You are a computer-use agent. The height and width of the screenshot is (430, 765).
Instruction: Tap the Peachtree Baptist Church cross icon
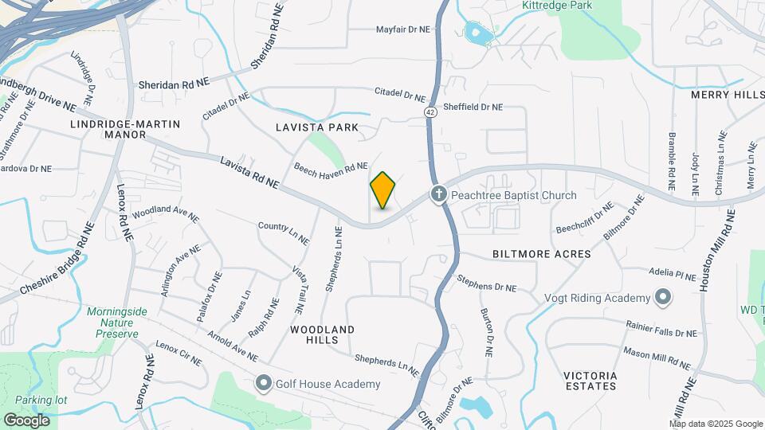click(x=438, y=194)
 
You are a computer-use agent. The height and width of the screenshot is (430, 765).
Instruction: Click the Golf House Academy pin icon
click(x=263, y=384)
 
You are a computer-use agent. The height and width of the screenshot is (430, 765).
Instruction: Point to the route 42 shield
click(x=430, y=112)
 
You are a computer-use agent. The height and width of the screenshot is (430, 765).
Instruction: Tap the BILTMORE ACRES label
click(x=542, y=254)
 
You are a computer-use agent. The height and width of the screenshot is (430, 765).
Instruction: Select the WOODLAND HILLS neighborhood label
click(x=322, y=334)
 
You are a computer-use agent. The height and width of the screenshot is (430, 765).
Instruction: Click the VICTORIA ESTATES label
click(x=590, y=381)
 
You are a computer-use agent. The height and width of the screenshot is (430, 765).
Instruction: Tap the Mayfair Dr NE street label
click(x=402, y=29)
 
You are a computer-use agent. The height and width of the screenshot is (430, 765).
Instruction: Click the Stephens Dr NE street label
click(x=486, y=283)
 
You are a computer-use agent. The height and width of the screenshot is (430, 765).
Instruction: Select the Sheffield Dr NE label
click(x=473, y=107)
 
